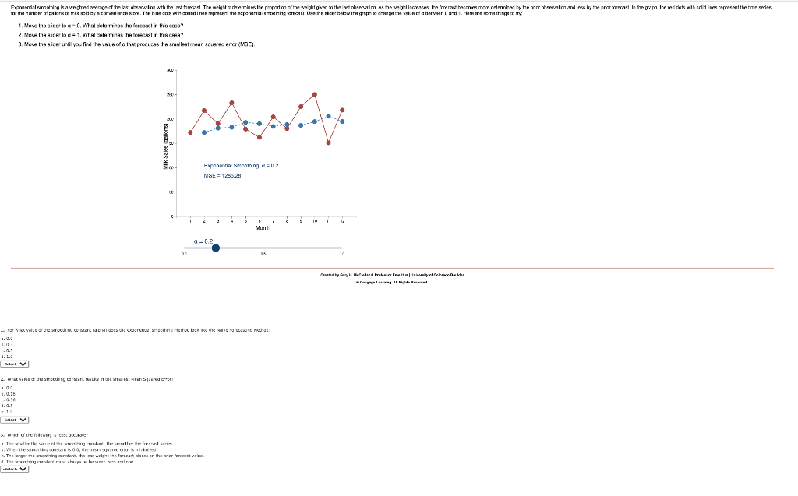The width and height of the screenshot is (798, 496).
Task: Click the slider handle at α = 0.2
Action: pos(216,248)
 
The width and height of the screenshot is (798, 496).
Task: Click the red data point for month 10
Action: pos(315,94)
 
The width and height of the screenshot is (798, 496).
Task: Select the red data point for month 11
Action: pos(328,142)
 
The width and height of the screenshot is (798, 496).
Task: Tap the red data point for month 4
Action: pos(232,103)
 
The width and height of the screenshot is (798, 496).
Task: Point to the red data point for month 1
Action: pos(190,132)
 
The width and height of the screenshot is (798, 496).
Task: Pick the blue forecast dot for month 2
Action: pos(204,132)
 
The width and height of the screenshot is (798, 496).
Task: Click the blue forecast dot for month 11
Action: pos(328,116)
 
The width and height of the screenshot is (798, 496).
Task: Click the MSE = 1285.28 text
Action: pos(222,176)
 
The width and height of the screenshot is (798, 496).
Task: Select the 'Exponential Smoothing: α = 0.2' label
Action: pos(241,166)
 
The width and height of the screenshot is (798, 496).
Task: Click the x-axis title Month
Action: pos(263,228)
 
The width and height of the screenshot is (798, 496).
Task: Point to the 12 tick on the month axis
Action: pos(342,221)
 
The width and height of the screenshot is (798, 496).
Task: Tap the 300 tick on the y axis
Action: pos(169,70)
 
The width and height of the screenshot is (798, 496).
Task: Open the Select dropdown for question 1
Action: pos(15,364)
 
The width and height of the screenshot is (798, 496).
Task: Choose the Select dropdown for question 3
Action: pos(15,470)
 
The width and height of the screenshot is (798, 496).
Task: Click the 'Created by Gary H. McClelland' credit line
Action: pos(394,275)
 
